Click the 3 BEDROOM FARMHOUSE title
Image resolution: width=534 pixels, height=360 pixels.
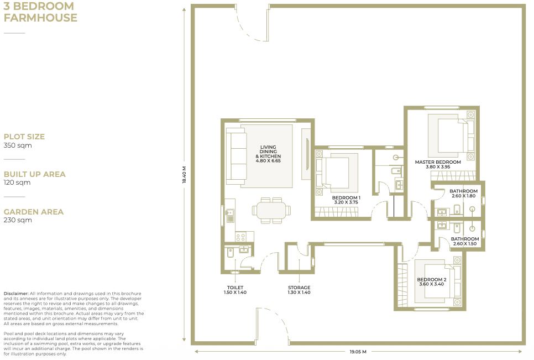pos(40,12)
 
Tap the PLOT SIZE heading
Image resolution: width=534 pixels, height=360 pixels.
pos(24,137)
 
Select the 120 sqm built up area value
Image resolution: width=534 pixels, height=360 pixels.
pos(17,182)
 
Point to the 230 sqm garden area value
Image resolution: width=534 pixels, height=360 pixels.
pos(18,220)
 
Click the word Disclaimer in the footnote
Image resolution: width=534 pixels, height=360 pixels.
pos(15,294)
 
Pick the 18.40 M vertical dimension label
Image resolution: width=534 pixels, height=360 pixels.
pos(184,175)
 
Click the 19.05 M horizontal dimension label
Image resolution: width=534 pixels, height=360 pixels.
pos(358,352)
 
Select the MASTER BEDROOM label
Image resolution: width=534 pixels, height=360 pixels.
pos(438,162)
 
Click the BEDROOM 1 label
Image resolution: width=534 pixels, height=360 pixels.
pos(346,197)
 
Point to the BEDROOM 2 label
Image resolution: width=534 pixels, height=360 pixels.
pos(432,280)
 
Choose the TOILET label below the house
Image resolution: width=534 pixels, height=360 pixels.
pos(235,288)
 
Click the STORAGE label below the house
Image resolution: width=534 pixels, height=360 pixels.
pos(299,288)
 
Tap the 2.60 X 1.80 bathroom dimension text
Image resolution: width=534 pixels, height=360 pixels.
pos(463,196)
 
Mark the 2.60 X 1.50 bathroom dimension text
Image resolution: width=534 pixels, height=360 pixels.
pos(465,244)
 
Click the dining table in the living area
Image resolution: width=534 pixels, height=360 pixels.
pos(271,211)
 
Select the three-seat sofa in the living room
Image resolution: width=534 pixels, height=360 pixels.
pos(237,156)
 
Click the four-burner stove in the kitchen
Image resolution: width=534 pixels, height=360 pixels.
pos(240,237)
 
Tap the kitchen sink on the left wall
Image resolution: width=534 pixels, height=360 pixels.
pos(229,216)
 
